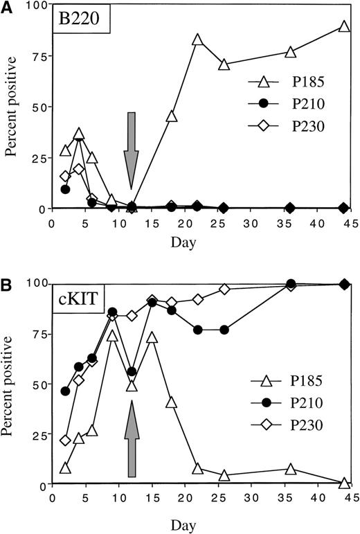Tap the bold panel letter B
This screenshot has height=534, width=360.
coord(7,283)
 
